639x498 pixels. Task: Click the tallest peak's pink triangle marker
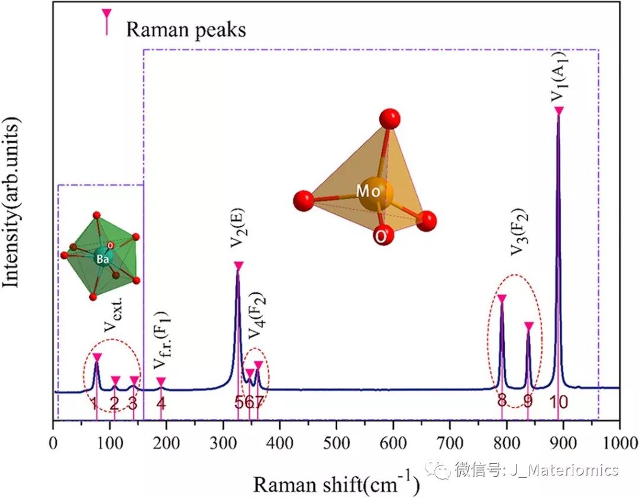[x=559, y=111]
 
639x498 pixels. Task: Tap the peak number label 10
[x=559, y=402]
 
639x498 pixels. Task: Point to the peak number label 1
[x=94, y=403]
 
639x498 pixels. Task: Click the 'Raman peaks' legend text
[x=186, y=30]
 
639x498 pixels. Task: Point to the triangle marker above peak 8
[x=502, y=299]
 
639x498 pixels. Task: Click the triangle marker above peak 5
[x=238, y=266]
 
